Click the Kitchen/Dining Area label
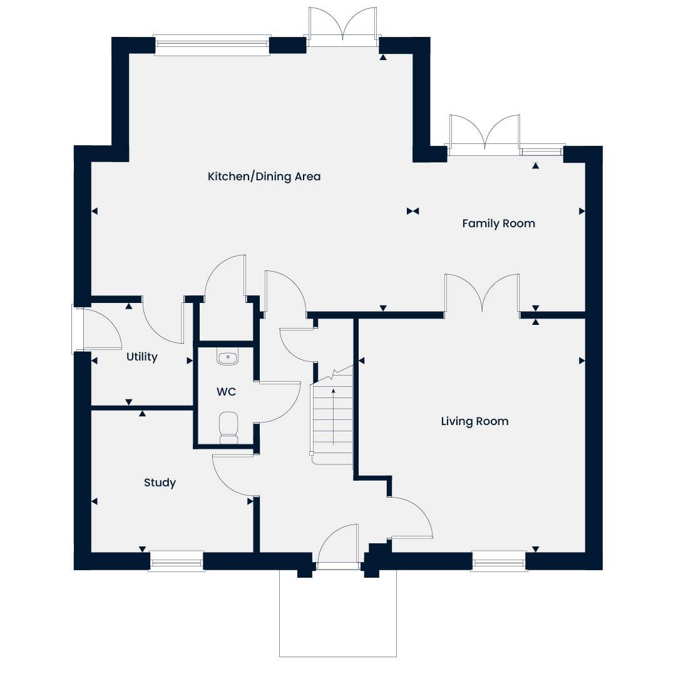[x=264, y=177]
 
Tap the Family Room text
[x=498, y=223]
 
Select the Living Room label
[x=474, y=421]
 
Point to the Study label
[x=160, y=483]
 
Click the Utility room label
[x=141, y=357]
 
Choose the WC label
[x=226, y=392]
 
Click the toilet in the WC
[x=228, y=427]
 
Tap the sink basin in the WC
[x=227, y=357]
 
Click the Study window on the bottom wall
[x=177, y=561]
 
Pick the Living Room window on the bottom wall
[x=498, y=561]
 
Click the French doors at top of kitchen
[x=342, y=28]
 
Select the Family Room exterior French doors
[x=483, y=135]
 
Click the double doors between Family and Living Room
[x=482, y=293]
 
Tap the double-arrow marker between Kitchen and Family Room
[x=412, y=212]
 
